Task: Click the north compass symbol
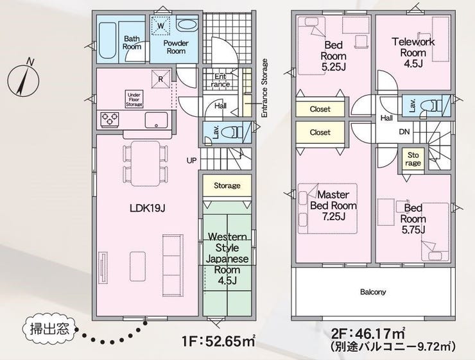click(x=23, y=80)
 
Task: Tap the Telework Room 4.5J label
click(x=413, y=53)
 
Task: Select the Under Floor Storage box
click(x=134, y=99)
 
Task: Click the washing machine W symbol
click(x=160, y=26)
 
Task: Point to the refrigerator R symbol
click(x=160, y=80)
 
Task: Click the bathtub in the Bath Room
click(x=108, y=40)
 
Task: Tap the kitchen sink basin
click(x=157, y=121)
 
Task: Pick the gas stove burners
click(x=110, y=119)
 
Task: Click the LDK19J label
click(x=147, y=209)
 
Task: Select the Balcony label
click(x=373, y=292)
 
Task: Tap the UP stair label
click(x=191, y=160)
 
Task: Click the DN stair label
click(x=404, y=132)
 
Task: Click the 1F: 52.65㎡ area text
click(x=219, y=341)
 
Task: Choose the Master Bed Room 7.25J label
click(x=333, y=205)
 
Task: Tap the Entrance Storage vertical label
click(x=264, y=88)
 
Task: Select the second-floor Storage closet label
click(x=413, y=159)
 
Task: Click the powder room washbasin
click(x=187, y=24)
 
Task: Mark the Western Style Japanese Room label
click(x=227, y=259)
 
